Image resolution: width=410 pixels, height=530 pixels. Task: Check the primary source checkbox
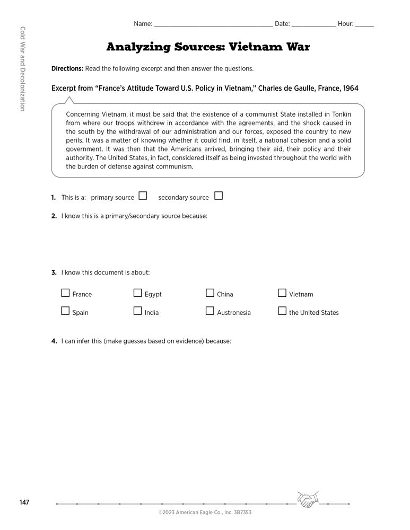(x=143, y=196)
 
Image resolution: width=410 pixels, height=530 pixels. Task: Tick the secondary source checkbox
(x=219, y=196)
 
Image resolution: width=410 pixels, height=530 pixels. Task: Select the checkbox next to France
(x=65, y=293)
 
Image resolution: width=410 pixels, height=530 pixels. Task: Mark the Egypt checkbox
(x=137, y=293)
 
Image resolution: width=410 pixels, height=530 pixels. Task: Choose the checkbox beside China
(x=210, y=293)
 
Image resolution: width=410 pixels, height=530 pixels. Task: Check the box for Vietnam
(x=282, y=293)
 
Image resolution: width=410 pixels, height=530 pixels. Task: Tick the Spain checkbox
(x=65, y=311)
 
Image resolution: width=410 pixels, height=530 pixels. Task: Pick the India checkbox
(x=137, y=311)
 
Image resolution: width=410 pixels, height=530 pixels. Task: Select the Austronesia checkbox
(x=210, y=311)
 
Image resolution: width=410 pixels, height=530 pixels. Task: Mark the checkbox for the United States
(x=282, y=311)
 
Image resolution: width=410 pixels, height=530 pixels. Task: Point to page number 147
(x=24, y=502)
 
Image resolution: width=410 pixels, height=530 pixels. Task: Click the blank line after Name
(x=213, y=25)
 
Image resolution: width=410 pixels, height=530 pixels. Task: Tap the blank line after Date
(x=313, y=25)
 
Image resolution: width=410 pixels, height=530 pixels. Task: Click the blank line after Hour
(x=364, y=25)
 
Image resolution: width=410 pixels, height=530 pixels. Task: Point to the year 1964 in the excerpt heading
(x=350, y=88)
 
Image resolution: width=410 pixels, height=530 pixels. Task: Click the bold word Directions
(x=67, y=69)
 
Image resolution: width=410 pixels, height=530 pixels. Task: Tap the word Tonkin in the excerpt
(x=339, y=114)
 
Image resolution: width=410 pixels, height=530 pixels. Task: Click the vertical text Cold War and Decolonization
(x=22, y=68)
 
